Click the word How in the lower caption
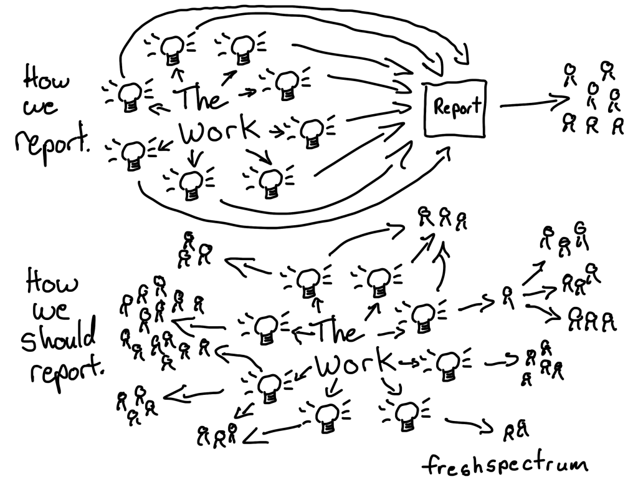52,284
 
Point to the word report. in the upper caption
52,143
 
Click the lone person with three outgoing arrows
508,297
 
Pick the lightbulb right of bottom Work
447,361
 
